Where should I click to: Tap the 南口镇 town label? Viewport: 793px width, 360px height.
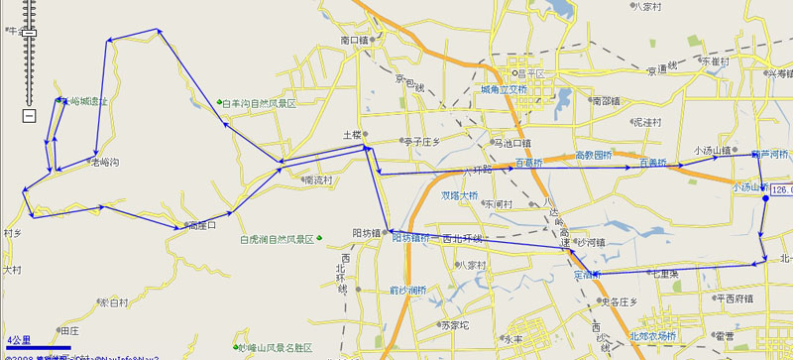354,41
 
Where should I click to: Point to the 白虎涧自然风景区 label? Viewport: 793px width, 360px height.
277,239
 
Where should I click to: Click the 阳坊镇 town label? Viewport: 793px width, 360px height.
367,232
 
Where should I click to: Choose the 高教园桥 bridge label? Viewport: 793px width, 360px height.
594,155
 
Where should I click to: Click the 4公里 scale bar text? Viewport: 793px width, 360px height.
18,339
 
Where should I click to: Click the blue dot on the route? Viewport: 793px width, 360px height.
765,199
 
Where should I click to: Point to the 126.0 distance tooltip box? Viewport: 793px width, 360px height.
781,189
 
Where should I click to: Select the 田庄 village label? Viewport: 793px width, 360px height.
68,329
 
